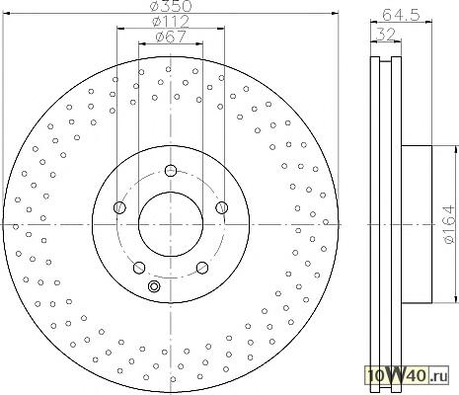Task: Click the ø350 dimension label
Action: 170,6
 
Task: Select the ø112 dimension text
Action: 171,22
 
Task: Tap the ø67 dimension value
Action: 171,37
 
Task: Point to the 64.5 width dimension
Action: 401,15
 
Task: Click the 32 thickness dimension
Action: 385,35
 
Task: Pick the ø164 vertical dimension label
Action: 449,224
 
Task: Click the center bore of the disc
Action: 171,224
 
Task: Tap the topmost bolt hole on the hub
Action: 171,171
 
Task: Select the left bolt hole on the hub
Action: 119,207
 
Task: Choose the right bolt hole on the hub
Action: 222,207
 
